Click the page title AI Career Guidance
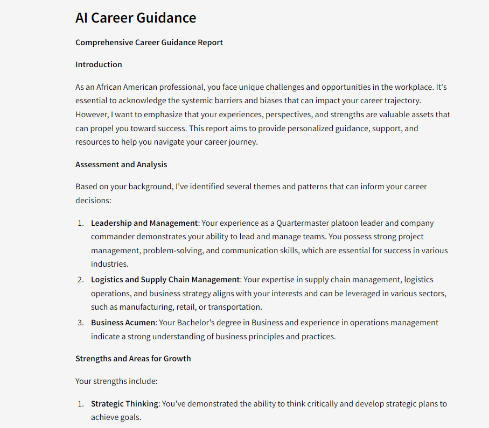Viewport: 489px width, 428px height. point(136,18)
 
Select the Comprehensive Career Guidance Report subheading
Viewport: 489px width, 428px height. point(149,42)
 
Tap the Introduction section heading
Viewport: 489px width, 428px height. point(99,65)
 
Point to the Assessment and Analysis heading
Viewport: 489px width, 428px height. point(121,165)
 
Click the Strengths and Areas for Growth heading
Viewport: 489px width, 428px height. point(133,359)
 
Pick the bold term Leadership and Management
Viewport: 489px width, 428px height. point(144,223)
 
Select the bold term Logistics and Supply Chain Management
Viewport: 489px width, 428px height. point(165,280)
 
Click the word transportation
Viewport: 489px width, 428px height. point(235,307)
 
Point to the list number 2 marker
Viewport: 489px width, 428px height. point(80,280)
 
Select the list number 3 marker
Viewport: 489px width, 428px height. point(80,323)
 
